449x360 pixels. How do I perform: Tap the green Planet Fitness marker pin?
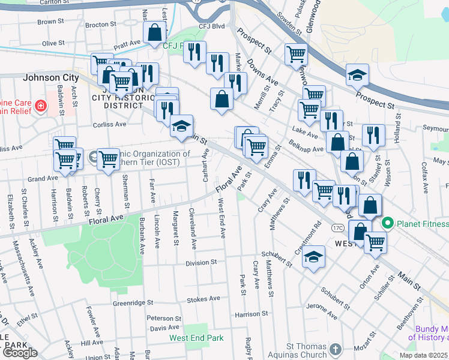[388, 224]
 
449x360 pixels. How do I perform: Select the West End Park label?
[196, 338]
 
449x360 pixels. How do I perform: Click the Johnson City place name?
[50, 78]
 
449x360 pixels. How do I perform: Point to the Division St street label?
[200, 263]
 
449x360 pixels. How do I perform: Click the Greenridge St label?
[133, 304]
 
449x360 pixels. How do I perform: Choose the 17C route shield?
[337, 229]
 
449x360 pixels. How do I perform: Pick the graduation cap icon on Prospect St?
[357, 74]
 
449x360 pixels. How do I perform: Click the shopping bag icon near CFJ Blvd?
[155, 33]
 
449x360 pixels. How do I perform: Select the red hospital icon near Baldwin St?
[40, 106]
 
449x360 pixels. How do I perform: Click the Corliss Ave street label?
[110, 125]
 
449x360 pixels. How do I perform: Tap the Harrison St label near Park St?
[251, 314]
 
